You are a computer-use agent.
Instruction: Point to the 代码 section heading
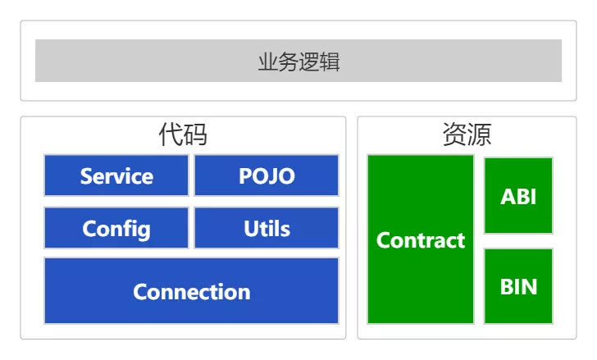pyautogui.click(x=182, y=134)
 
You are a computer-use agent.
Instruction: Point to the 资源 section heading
pyautogui.click(x=467, y=134)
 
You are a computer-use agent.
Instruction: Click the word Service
pyautogui.click(x=116, y=176)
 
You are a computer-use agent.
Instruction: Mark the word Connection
pyautogui.click(x=191, y=292)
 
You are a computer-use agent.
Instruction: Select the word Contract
pyautogui.click(x=420, y=240)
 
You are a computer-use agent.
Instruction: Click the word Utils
pyautogui.click(x=267, y=228)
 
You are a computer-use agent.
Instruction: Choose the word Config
pyautogui.click(x=116, y=228)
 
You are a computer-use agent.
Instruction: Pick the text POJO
pyautogui.click(x=267, y=176)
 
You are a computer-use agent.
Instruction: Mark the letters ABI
pyautogui.click(x=518, y=197)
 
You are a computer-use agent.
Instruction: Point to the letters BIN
pyautogui.click(x=518, y=287)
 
